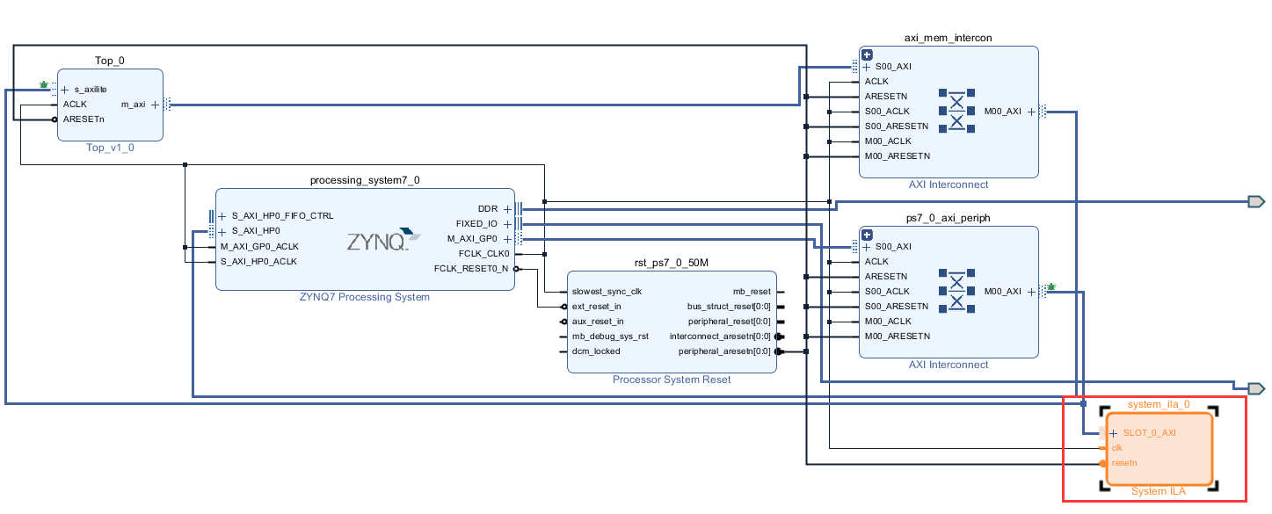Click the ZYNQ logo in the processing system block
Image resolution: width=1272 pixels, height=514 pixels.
(378, 241)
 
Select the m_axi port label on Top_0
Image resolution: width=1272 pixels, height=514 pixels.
(133, 105)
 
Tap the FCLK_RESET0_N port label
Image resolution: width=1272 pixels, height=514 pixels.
(470, 269)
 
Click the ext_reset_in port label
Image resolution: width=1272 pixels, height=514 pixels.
(596, 307)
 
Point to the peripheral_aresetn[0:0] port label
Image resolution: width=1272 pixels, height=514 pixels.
(723, 351)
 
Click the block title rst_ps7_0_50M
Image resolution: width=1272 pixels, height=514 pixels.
(671, 263)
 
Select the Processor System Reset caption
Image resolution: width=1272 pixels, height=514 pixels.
(671, 380)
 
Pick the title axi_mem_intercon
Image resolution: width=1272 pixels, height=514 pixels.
(948, 38)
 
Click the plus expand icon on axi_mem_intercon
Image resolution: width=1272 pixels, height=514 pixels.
(867, 54)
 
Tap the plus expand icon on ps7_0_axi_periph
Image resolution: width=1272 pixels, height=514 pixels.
(867, 235)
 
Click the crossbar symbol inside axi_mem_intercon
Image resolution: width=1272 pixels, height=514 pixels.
(957, 111)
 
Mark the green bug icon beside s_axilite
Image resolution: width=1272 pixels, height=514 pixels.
(44, 85)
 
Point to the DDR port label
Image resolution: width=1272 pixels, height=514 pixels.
(487, 209)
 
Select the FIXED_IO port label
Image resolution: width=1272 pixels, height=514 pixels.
(477, 224)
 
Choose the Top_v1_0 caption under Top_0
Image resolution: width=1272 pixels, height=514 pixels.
(110, 148)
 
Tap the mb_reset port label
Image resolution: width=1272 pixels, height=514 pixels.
(752, 292)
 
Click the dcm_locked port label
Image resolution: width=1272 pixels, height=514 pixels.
(596, 351)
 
